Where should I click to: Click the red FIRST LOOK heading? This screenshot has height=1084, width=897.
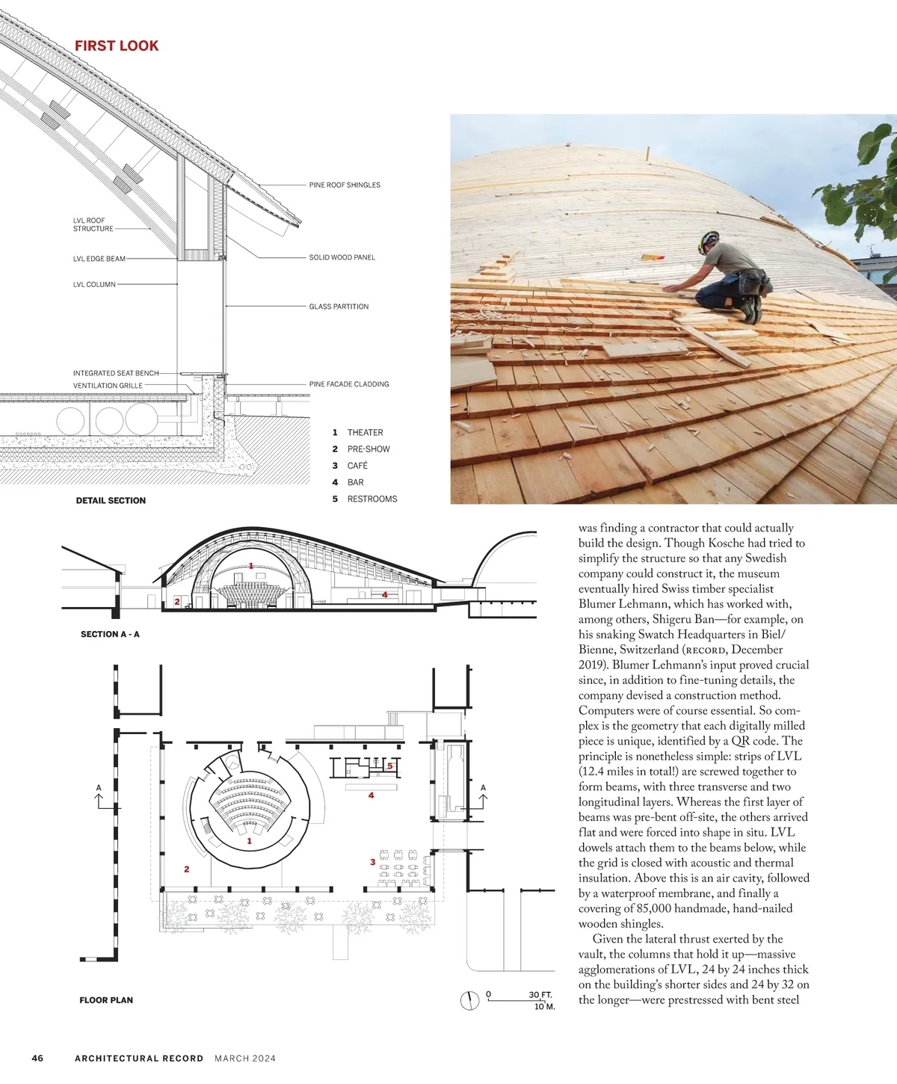point(117,46)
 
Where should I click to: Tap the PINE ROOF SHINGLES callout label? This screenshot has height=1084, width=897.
point(345,185)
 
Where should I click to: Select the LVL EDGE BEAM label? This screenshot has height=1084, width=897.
point(99,259)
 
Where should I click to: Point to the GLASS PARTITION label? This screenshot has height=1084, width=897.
point(339,307)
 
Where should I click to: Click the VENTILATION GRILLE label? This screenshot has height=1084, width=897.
point(108,386)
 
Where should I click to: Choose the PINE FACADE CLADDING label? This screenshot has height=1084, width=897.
point(349,384)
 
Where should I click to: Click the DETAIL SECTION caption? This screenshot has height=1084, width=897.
point(111,500)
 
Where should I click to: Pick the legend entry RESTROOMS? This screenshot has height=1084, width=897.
point(372,499)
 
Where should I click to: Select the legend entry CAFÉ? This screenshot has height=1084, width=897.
point(357,466)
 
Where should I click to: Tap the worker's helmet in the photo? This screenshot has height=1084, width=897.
point(707,241)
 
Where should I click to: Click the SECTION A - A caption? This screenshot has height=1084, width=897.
point(110,634)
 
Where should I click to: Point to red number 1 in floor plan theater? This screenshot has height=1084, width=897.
point(249,841)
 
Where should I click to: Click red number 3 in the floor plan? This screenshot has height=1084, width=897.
point(372,862)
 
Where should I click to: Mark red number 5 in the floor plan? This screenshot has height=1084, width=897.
point(390,766)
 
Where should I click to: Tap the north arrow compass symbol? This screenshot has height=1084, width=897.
point(469,1000)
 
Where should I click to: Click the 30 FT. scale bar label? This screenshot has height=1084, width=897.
point(540,995)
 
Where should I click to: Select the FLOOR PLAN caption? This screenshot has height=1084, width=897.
point(106,1000)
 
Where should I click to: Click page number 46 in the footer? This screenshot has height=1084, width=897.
point(37,1058)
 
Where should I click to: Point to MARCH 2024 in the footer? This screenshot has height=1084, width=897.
point(245,1058)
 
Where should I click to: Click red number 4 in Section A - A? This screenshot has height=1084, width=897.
point(385,594)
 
